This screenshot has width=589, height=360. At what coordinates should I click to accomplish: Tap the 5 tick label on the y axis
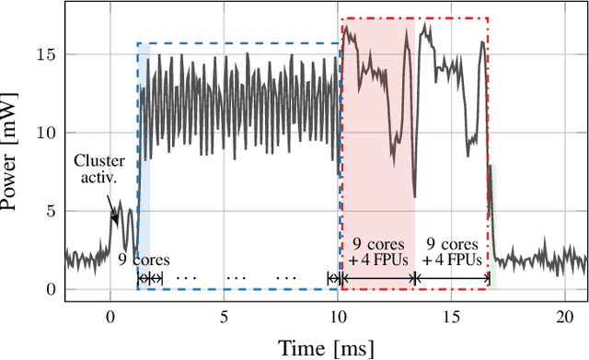52,211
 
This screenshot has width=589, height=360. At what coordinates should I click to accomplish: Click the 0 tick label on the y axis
52,289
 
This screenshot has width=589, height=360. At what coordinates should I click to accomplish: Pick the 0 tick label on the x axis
110,316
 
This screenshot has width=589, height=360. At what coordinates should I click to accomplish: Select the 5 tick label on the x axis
225,316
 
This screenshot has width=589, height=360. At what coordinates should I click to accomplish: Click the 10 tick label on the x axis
339,316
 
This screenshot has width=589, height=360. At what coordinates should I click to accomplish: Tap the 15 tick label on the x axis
453,316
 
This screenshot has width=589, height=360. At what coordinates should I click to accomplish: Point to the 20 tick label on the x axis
566,316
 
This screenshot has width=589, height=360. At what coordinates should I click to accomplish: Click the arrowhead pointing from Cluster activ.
116,220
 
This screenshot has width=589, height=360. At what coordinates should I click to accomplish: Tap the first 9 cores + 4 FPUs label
377,251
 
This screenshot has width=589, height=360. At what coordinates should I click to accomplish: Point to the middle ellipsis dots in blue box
237,278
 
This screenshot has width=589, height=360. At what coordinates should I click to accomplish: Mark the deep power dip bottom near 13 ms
414,196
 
